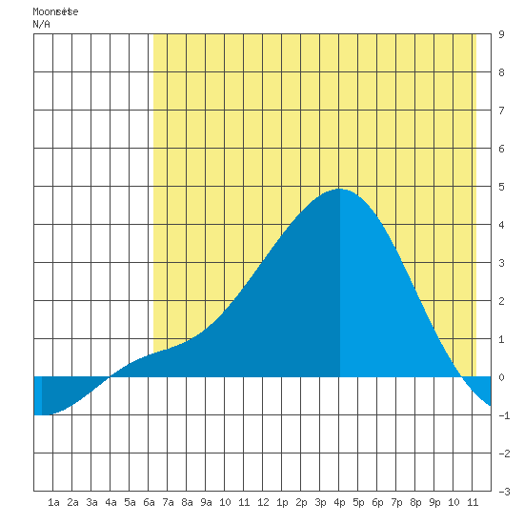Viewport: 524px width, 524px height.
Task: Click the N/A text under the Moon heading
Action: (41, 24)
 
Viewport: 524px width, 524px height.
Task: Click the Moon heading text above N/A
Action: (55, 11)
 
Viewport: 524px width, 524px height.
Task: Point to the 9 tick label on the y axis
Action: (501, 34)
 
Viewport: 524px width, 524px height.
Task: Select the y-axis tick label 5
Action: (501, 187)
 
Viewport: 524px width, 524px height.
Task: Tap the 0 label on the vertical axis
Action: (501, 377)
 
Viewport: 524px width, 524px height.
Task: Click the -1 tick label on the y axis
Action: (504, 415)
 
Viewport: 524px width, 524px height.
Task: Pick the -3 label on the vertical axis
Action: (504, 492)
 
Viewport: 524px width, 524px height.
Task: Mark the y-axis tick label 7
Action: (501, 111)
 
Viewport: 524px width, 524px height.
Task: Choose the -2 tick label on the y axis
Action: (504, 453)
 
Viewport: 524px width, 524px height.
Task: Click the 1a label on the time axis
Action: (53, 502)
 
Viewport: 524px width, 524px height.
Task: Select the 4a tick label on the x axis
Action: (111, 502)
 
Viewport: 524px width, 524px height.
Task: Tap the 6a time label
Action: (149, 502)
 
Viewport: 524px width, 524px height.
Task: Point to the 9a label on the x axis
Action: (206, 502)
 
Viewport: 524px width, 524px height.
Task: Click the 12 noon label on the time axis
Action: (263, 502)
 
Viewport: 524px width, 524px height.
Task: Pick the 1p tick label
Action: (282, 502)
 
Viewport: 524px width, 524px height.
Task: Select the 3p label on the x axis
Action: (320, 502)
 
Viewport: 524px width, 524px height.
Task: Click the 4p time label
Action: (339, 502)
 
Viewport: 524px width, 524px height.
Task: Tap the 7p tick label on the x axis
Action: (396, 502)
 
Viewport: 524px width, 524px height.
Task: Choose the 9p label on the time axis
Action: (434, 502)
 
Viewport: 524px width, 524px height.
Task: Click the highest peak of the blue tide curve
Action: (339, 189)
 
